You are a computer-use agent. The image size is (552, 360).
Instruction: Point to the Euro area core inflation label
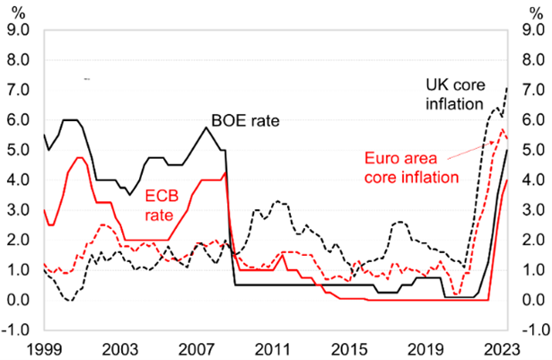pos(415,166)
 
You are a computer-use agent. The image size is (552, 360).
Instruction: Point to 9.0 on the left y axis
pos(19,30)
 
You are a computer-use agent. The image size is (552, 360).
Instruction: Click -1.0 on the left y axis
pos(17,329)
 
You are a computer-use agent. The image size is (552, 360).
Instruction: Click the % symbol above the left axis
pos(18,10)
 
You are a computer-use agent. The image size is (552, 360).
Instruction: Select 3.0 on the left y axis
pos(19,210)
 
